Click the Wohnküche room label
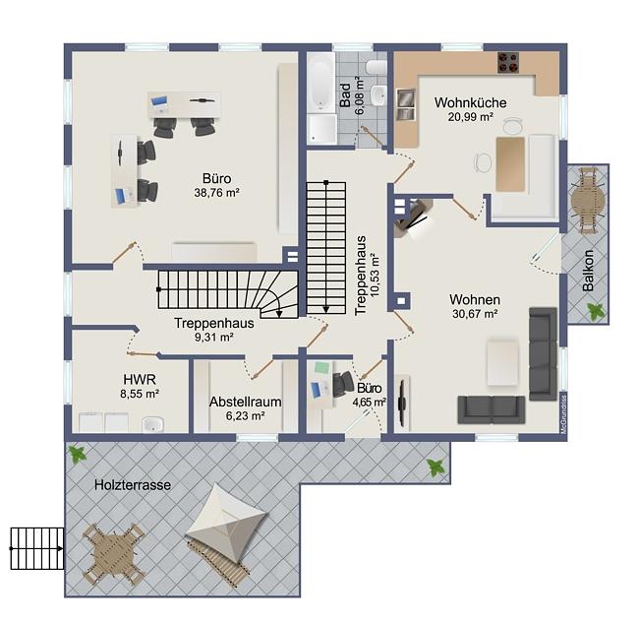click(x=470, y=102)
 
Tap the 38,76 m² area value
click(x=216, y=193)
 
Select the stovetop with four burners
click(x=508, y=63)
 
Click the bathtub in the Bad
click(x=321, y=83)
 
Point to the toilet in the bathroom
click(x=377, y=67)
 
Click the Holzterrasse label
click(x=133, y=485)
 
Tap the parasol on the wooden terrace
click(x=227, y=524)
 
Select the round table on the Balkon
click(x=588, y=201)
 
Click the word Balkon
click(x=588, y=271)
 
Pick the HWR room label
click(x=140, y=380)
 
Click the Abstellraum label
click(x=246, y=402)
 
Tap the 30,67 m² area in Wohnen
click(x=475, y=314)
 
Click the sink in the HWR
click(x=152, y=424)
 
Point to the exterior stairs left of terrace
click(x=37, y=548)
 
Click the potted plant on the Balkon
click(x=596, y=311)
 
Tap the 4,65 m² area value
click(x=370, y=403)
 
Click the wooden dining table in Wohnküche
click(x=510, y=164)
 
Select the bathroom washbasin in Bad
click(x=378, y=95)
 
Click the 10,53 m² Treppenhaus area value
click(x=375, y=275)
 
